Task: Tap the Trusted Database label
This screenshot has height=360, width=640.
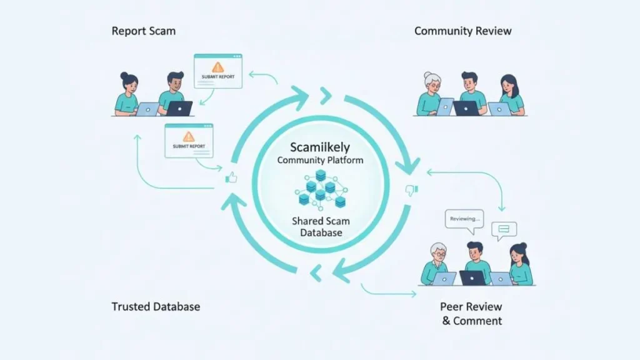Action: (156, 306)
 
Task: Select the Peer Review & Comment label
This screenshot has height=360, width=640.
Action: (471, 314)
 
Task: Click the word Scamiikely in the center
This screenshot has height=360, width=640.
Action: (319, 147)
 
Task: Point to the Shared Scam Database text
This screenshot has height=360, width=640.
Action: (319, 227)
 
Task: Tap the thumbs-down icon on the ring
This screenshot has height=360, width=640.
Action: (411, 189)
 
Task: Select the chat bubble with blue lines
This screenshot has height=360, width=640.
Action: (504, 230)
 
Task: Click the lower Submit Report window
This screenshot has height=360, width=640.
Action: (188, 140)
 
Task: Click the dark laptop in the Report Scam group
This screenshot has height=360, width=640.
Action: (179, 109)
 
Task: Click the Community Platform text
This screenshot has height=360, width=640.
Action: (319, 161)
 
